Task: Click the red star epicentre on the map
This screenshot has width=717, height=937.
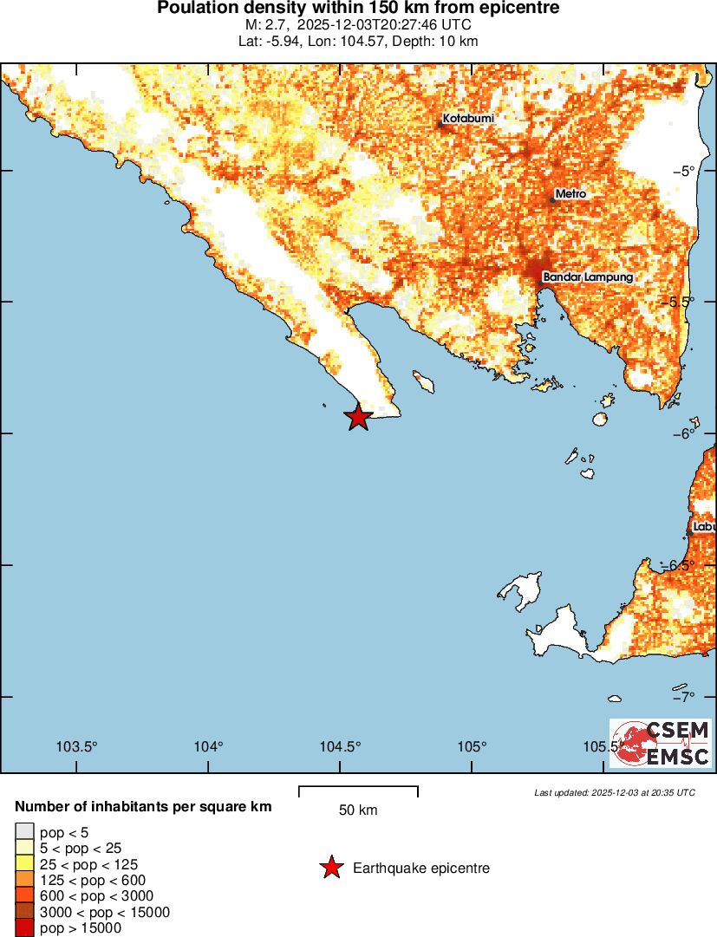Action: coord(359,417)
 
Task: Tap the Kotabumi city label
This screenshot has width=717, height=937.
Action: coord(468,118)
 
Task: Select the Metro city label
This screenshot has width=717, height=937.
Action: coord(570,194)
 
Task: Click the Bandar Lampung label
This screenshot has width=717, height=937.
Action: coord(588,277)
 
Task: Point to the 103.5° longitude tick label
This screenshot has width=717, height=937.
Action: coord(76,747)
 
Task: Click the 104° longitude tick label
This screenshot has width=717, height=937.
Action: coord(208,747)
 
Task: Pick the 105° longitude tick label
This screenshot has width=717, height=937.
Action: coord(472,747)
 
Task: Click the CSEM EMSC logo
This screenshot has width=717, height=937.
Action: coord(661,744)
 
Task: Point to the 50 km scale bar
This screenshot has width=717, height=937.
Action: coord(358,791)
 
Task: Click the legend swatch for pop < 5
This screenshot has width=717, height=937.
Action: coord(25,832)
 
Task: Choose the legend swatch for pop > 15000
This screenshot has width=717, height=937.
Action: coord(25,928)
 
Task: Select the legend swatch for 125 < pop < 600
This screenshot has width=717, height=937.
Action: coord(25,880)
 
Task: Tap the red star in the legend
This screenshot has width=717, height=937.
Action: coord(330,868)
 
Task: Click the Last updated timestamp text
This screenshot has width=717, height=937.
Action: coord(614,792)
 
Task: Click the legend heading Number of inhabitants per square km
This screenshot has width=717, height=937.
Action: coord(143,807)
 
